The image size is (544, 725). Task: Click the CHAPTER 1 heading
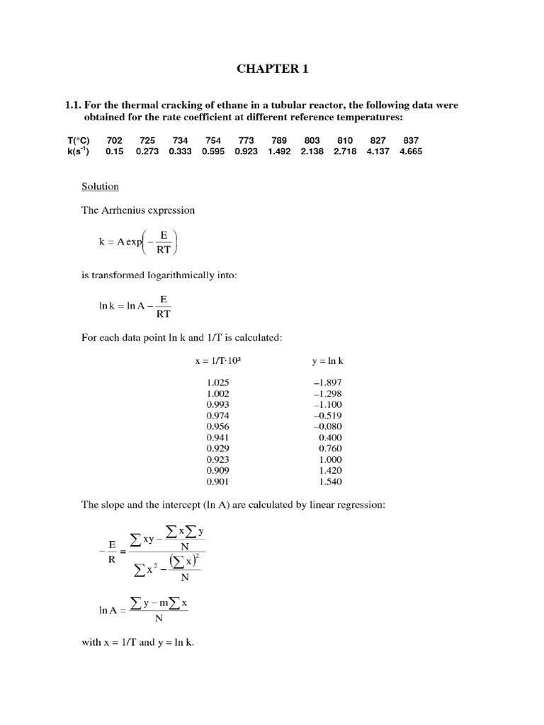pyautogui.click(x=272, y=69)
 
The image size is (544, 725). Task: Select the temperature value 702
pyautogui.click(x=114, y=141)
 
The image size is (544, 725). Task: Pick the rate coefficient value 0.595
pyautogui.click(x=214, y=152)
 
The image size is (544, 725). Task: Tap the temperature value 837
pyautogui.click(x=411, y=141)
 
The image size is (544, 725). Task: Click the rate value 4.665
pyautogui.click(x=411, y=152)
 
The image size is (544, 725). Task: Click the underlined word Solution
pyautogui.click(x=100, y=186)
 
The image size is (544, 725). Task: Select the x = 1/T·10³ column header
pyautogui.click(x=222, y=360)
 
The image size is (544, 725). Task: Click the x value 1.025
pyautogui.click(x=217, y=383)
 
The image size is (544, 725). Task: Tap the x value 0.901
pyautogui.click(x=217, y=481)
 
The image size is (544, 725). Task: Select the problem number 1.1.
pyautogui.click(x=74, y=105)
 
